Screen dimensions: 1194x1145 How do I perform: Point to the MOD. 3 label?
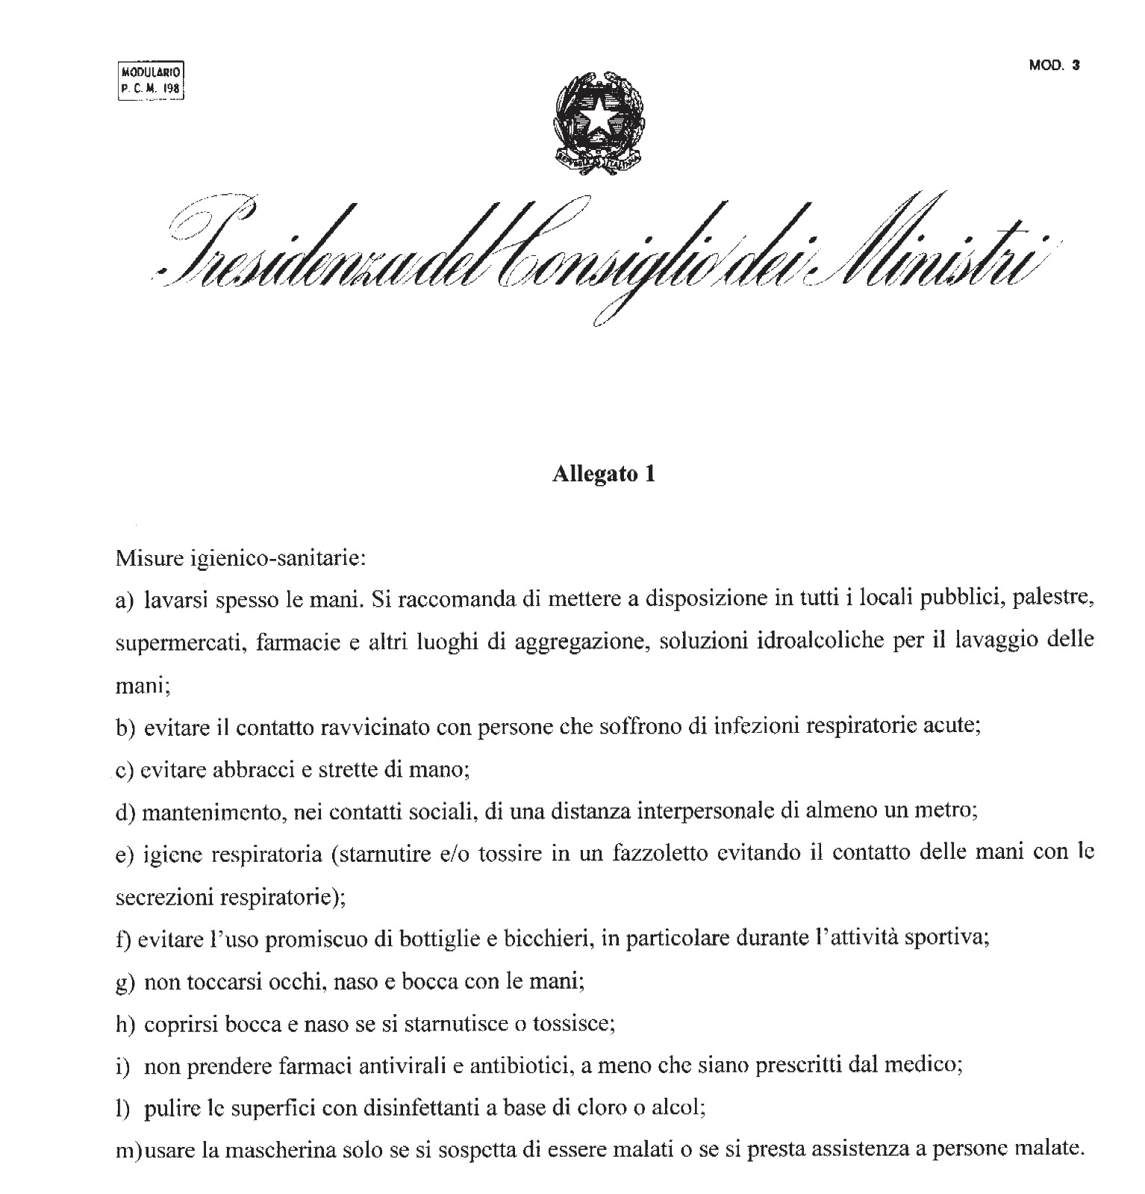(1054, 65)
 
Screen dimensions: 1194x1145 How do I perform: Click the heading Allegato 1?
(603, 475)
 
